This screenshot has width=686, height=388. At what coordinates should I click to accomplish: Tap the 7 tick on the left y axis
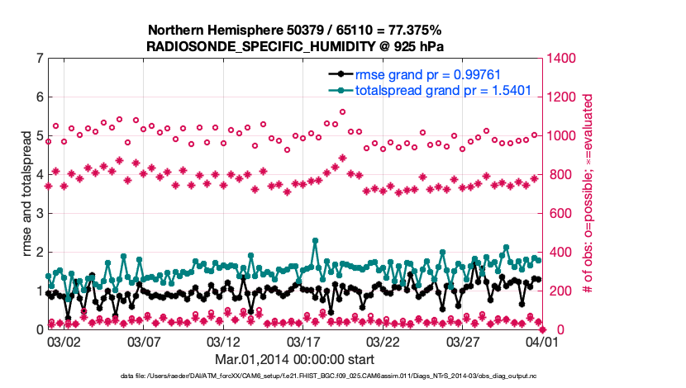39,59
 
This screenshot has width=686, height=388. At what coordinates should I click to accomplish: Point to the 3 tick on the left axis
39,214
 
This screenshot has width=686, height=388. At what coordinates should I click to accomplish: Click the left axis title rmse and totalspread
18,195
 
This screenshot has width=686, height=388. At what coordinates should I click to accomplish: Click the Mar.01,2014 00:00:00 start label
294,360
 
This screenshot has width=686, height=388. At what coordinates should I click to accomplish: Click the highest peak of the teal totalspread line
315,241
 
